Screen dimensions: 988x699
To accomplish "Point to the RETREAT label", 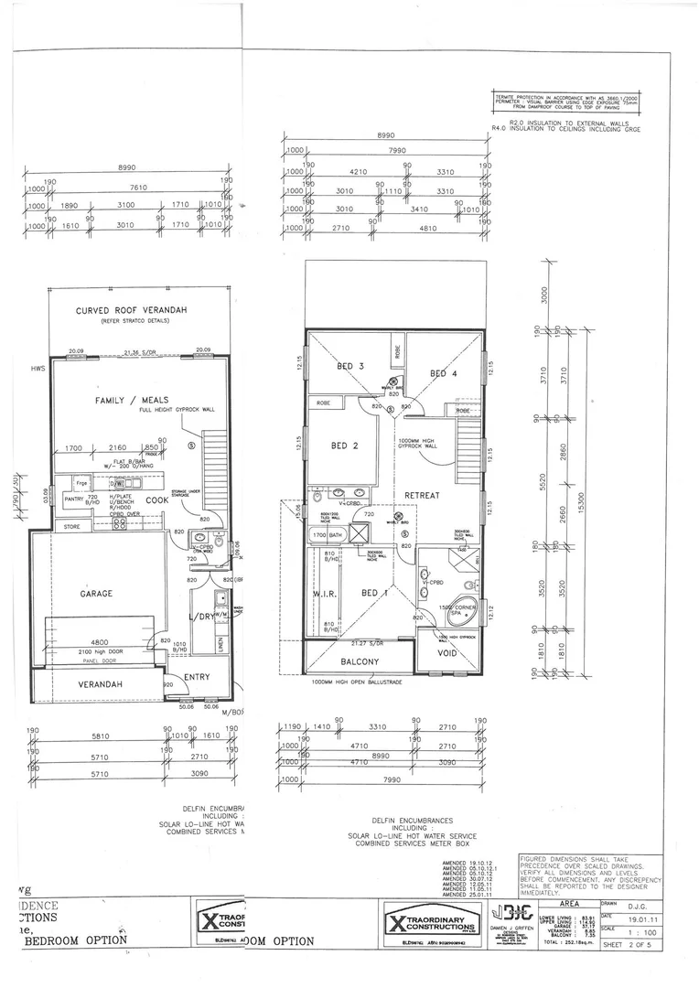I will tap(423, 495).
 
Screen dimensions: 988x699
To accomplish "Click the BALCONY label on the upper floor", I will tap(360, 661).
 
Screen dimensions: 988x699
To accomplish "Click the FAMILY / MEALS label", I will tap(127, 401).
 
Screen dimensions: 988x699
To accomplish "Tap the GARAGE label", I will tap(97, 594).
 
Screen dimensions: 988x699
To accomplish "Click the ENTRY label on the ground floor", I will tap(196, 677).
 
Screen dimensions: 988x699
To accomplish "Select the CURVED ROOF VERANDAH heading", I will tap(131, 311).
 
